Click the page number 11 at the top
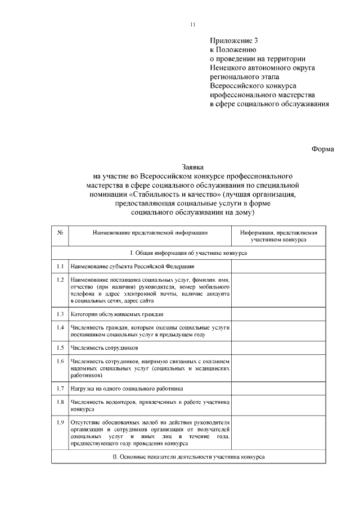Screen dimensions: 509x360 pyautogui.click(x=193, y=25)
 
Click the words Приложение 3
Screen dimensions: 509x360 pyautogui.click(x=233, y=40)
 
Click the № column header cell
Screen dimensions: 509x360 pyautogui.click(x=60, y=232)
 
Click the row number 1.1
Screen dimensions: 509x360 pyautogui.click(x=60, y=266)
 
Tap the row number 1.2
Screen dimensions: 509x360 pyautogui.click(x=60, y=280)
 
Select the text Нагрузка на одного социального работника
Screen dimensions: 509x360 pyautogui.click(x=127, y=388)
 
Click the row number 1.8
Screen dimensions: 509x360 pyautogui.click(x=60, y=402)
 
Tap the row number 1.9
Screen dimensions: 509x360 pyautogui.click(x=60, y=422)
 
